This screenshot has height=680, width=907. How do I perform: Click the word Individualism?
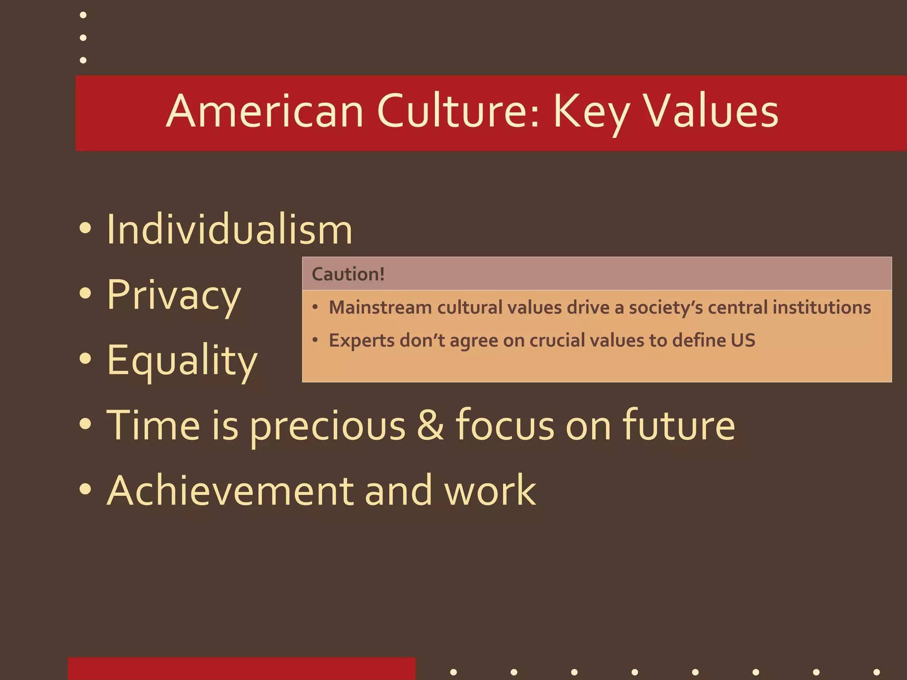[x=229, y=230]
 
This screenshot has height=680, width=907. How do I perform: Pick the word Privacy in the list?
[x=174, y=295]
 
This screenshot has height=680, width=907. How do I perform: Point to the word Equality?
[x=182, y=361]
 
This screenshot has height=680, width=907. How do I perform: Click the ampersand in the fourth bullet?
[x=430, y=425]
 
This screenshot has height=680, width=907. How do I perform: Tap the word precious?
[x=327, y=426]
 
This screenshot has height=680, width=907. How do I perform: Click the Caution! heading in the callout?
[x=348, y=274]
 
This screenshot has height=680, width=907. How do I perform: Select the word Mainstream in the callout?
[x=380, y=308]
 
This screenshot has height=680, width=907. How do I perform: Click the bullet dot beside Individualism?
[x=85, y=228]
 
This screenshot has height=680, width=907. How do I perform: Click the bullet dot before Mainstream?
[x=315, y=307]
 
